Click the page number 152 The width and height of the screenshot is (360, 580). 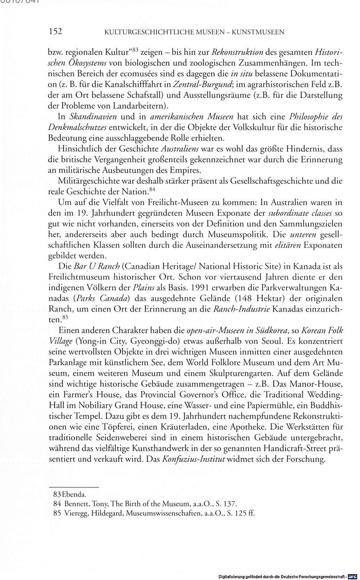click(55, 32)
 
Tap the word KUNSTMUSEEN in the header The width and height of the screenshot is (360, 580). click(258, 32)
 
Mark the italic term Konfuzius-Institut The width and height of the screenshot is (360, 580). click(194, 459)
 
